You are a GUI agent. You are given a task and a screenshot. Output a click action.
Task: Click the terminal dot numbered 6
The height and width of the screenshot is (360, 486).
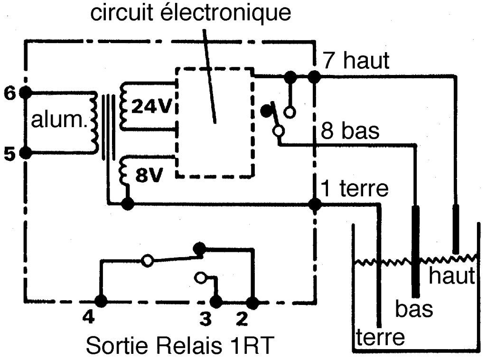(x=26, y=92)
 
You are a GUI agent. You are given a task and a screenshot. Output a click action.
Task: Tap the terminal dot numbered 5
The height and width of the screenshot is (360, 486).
(x=26, y=152)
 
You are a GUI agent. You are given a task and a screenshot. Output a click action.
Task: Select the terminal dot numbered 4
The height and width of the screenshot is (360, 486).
(x=101, y=301)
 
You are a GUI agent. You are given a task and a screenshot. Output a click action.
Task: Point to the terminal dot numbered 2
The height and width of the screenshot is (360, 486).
(x=252, y=303)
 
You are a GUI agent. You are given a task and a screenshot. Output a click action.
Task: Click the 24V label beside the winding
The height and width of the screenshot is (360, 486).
(x=151, y=106)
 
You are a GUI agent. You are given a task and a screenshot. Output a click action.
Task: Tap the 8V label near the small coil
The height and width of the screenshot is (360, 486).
(x=149, y=175)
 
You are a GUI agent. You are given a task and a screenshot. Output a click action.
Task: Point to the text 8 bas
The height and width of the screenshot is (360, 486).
(x=350, y=130)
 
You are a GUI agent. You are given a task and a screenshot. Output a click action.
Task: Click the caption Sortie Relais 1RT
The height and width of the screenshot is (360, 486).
(x=180, y=345)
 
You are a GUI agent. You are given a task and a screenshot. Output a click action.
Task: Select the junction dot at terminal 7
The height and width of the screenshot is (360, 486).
(x=314, y=77)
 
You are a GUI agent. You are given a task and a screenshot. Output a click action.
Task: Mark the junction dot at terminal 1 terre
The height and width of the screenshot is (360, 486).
(x=315, y=204)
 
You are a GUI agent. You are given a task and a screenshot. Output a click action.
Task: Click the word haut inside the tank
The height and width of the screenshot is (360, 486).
(x=452, y=276)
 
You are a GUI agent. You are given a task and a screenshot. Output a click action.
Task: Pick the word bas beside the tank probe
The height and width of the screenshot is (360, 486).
(x=414, y=309)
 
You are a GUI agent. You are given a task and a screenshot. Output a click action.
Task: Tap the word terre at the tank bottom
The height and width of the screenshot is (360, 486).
(x=381, y=337)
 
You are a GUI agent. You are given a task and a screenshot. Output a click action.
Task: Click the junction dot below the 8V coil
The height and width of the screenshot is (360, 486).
(x=127, y=204)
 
